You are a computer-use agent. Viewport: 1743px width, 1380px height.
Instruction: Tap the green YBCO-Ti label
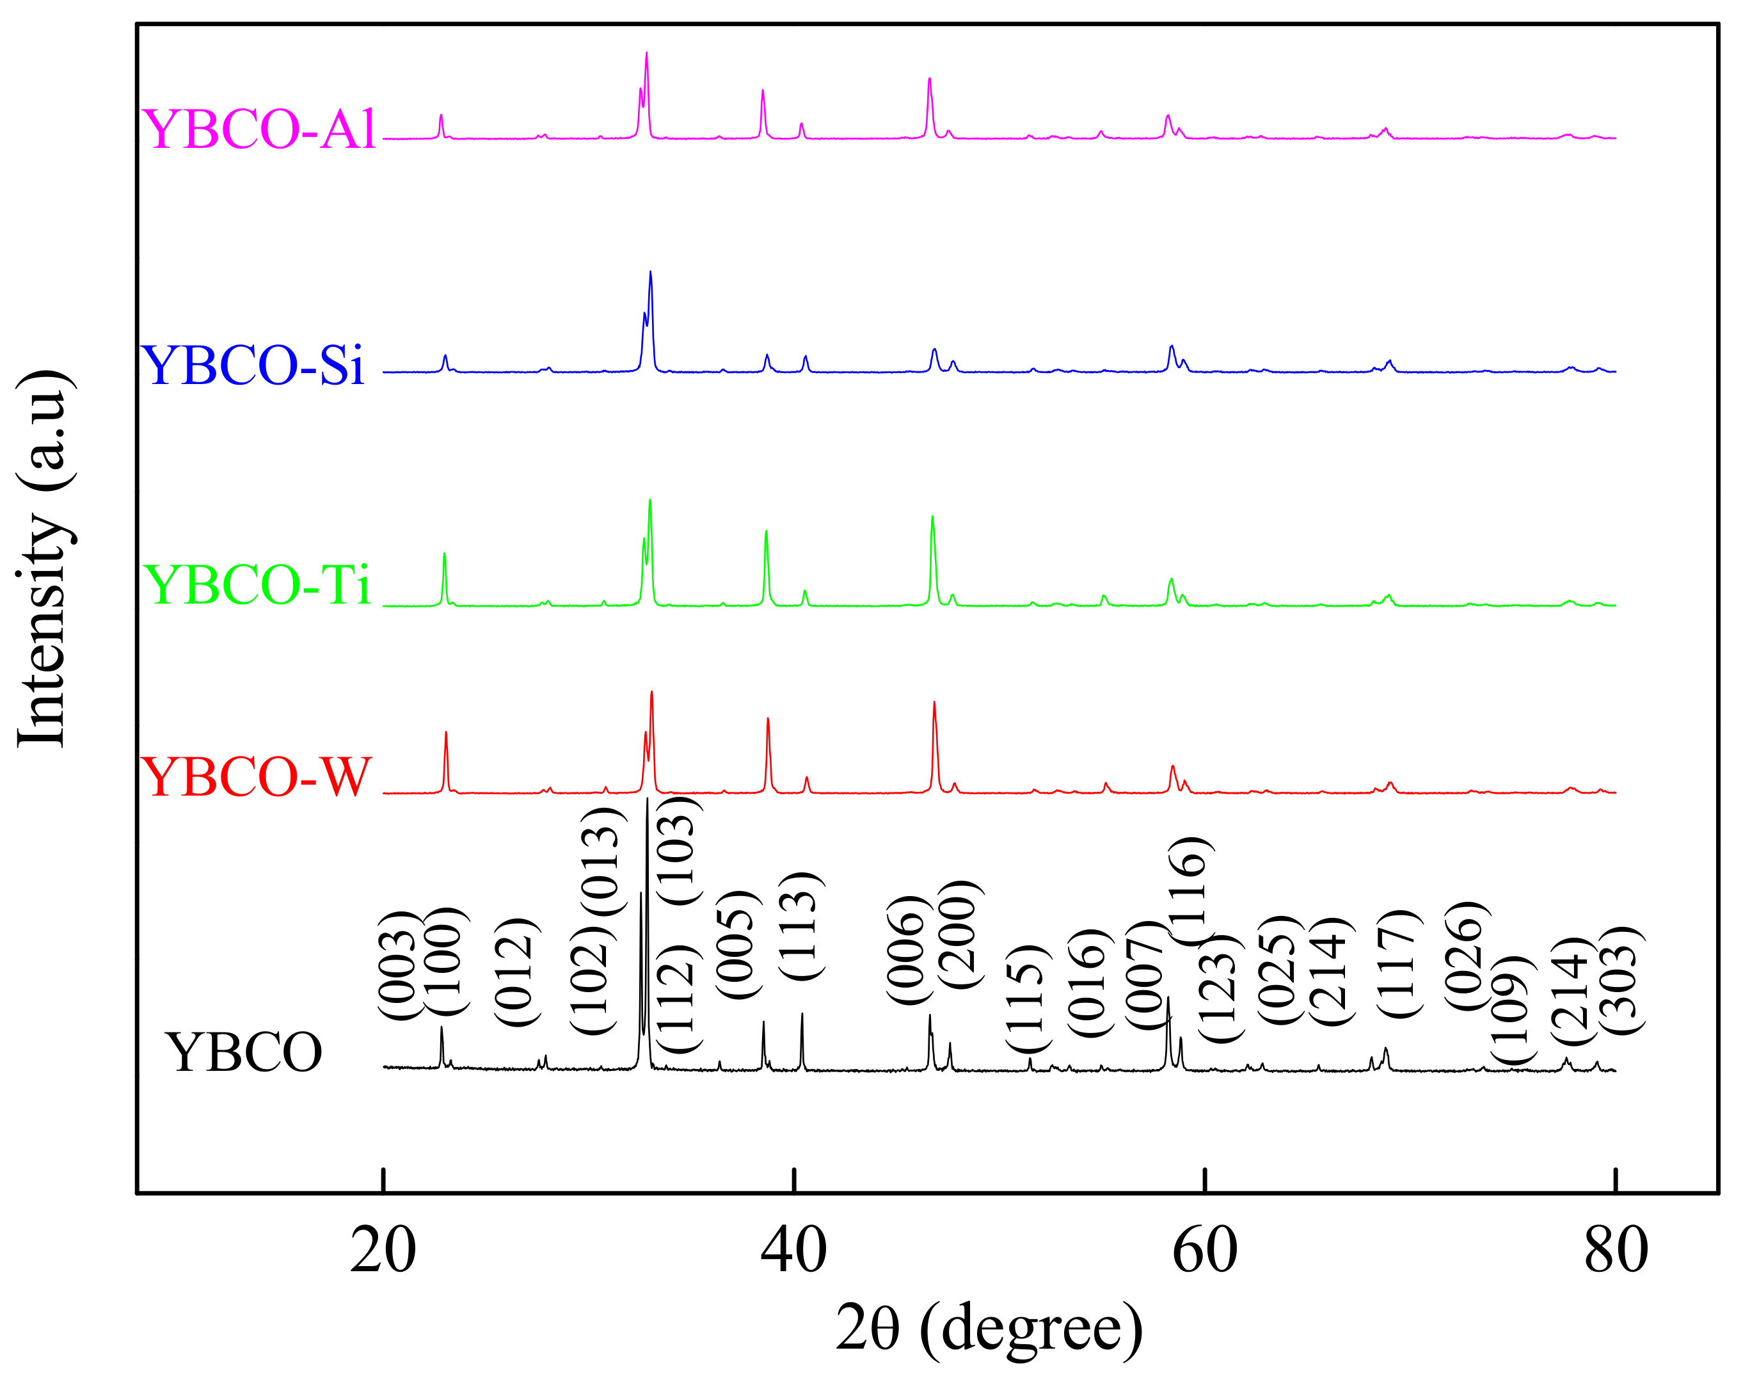(256, 584)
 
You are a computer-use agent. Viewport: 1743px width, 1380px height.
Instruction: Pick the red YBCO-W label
(256, 777)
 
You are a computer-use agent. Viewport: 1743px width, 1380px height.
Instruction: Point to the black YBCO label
(243, 1053)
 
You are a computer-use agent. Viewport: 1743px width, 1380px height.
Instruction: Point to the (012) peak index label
(515, 973)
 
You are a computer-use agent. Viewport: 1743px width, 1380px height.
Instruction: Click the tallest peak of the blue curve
(650, 273)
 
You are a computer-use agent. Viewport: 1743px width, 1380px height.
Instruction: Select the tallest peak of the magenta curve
(646, 53)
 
